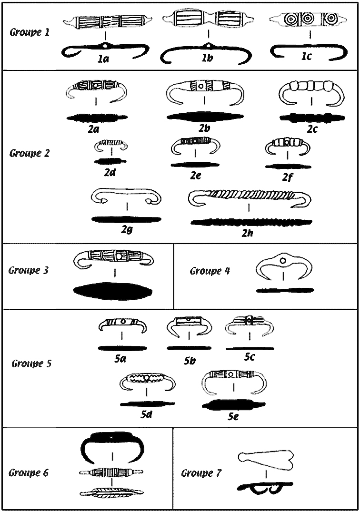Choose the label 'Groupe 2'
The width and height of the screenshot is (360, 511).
click(x=30, y=153)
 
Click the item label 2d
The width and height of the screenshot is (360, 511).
click(x=110, y=172)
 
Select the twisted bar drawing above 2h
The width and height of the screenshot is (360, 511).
click(x=249, y=197)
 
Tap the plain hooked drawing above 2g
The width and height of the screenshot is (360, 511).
click(x=126, y=196)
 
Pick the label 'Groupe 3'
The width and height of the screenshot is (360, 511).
click(x=29, y=270)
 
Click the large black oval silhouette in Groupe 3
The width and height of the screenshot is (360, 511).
click(x=114, y=291)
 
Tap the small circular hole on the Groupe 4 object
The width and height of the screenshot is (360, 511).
click(x=283, y=261)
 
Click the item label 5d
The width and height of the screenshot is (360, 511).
click(x=146, y=414)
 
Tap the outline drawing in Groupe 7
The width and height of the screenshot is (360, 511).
click(x=266, y=458)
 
